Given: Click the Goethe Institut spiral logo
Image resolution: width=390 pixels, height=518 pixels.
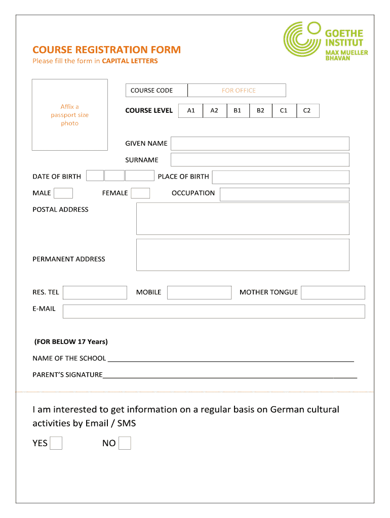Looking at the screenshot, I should point(302,39).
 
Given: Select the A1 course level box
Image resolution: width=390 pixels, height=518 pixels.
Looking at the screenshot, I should point(191,111).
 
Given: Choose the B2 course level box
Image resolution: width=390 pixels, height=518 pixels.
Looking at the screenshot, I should point(260,111).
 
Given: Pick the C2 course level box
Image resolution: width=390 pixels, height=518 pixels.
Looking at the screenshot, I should point(307,111).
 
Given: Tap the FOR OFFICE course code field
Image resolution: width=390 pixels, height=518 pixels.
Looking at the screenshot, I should point(237,91).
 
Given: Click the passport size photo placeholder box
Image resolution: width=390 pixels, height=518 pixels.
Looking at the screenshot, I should point(70,115).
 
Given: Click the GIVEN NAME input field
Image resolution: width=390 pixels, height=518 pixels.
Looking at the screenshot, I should point(260,144).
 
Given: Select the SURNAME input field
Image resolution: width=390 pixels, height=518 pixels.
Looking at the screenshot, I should point(260,160).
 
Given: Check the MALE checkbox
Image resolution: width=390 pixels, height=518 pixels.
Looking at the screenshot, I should point(63,193).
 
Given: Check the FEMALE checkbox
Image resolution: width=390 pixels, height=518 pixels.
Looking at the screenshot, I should point(140,193).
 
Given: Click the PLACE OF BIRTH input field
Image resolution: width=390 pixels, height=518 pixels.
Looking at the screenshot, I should point(281,177).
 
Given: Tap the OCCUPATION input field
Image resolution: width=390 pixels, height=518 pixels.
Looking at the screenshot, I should point(284,194).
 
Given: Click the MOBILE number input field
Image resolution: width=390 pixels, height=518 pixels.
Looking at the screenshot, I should point(199,292).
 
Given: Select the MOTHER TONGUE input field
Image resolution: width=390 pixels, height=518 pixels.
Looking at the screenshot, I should point(333,292).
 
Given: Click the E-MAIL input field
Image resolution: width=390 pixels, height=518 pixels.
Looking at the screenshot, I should point(214,311).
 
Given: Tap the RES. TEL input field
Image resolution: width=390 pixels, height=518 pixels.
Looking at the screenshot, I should point(95,292).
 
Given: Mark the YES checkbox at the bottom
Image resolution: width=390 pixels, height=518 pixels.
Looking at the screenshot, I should point(56,443).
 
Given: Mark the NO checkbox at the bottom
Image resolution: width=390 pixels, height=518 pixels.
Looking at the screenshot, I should point(125,443).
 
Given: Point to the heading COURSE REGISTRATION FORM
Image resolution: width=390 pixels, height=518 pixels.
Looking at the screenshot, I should point(106,50).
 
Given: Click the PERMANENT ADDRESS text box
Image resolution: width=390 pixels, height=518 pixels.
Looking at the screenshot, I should point(243,255).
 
